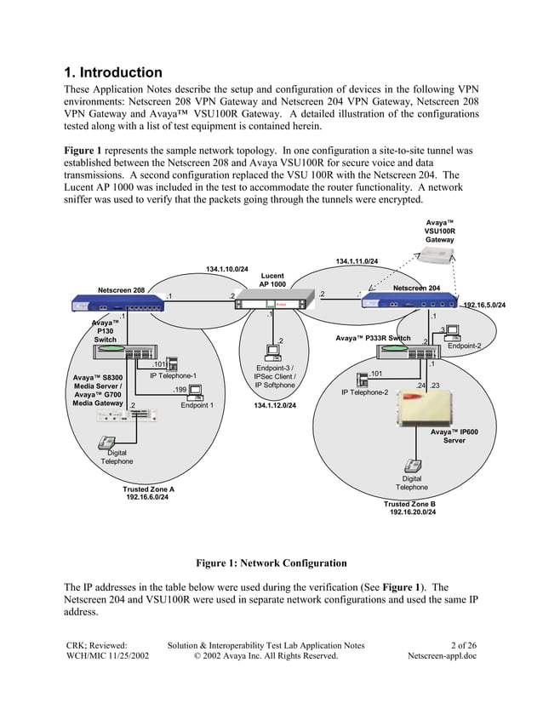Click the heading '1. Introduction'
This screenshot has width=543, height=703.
(113, 73)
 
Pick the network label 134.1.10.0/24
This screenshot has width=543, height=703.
(227, 269)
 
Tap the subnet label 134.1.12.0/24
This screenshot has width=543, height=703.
(275, 406)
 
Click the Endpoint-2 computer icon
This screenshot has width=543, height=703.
(452, 332)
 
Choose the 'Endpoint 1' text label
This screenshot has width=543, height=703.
(197, 406)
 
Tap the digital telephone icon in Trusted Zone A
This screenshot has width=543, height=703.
(107, 442)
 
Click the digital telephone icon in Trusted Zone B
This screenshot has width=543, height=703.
(413, 466)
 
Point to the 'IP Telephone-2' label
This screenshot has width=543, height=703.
(364, 392)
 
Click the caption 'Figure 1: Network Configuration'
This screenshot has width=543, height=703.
(271, 563)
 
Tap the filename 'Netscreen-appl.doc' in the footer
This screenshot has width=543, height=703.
(443, 656)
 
